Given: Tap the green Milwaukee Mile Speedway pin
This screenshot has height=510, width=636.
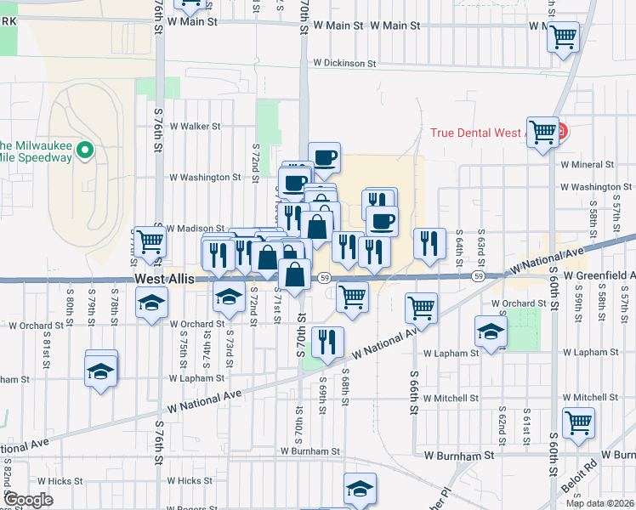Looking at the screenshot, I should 84,151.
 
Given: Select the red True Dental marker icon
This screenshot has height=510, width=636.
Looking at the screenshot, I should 562,133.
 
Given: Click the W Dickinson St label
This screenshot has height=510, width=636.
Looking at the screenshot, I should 344,63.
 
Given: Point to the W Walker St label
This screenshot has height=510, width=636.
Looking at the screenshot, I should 195,126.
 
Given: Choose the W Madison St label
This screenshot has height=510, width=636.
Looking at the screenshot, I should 195,229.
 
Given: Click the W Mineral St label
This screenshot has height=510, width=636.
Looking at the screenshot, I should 587,165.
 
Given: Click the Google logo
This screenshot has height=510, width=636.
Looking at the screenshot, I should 28,500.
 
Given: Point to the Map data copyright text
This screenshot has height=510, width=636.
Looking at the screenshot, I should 599,503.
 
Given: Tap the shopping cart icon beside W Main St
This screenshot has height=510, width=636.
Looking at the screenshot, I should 563,37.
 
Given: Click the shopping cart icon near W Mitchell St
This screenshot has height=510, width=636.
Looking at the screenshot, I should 578,421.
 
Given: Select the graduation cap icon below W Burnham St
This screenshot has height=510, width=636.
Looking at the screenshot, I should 360,489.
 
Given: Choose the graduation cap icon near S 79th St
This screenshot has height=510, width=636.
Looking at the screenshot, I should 101,370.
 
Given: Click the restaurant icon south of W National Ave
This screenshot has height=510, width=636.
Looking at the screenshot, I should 327,342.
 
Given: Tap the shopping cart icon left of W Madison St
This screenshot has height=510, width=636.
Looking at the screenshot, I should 150,241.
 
